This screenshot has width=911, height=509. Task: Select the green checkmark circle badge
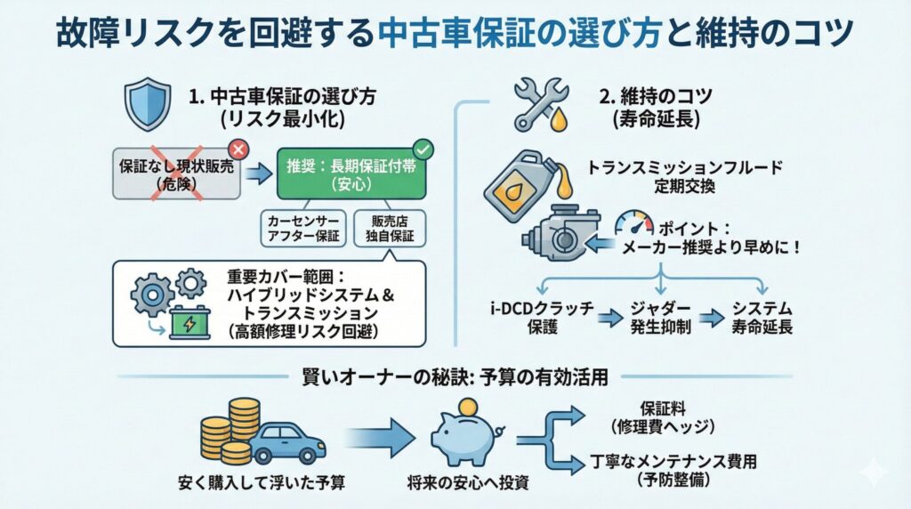[x=423, y=149]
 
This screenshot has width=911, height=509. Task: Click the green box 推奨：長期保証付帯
[x=355, y=174]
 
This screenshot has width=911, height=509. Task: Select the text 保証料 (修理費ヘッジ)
[x=665, y=416]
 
